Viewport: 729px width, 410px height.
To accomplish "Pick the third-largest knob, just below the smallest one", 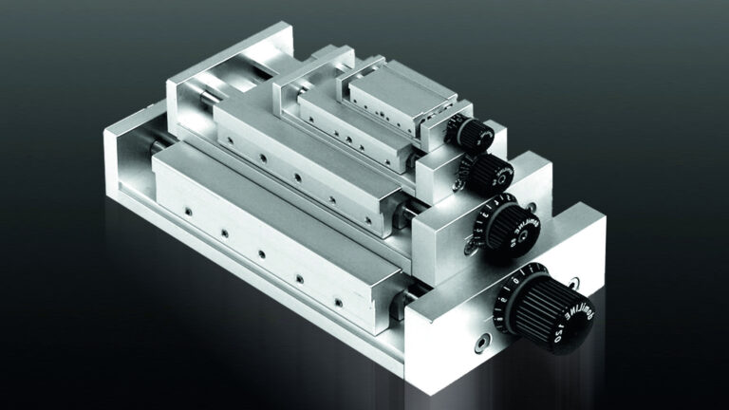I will click(x=488, y=174).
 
